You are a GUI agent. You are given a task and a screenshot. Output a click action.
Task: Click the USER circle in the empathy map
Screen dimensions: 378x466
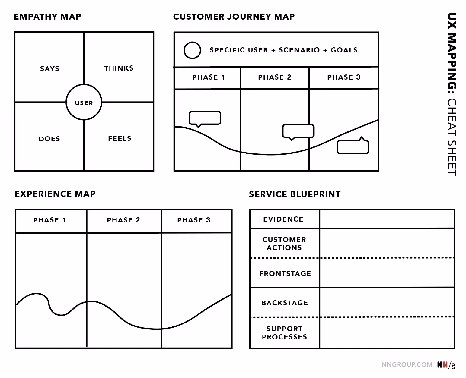(84, 102)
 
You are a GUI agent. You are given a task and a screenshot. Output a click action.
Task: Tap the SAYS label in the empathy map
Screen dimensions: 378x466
(50, 69)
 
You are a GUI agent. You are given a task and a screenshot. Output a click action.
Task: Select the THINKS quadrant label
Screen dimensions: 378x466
(119, 68)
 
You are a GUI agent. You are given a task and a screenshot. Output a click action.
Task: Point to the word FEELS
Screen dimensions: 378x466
(120, 138)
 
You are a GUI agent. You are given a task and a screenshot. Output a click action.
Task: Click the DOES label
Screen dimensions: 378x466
(49, 139)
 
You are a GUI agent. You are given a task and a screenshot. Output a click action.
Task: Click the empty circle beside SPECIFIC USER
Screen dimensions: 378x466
(192, 50)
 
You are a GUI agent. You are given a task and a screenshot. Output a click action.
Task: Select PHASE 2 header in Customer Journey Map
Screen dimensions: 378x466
(275, 77)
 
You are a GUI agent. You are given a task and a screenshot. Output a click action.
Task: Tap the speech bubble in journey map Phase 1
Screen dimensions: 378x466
(205, 118)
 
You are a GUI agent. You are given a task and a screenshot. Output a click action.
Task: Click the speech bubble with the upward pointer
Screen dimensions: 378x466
(353, 147)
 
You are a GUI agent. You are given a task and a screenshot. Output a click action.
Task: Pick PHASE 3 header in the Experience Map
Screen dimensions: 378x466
(194, 220)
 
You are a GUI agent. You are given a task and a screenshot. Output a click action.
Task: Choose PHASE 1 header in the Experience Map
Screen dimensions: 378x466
(50, 220)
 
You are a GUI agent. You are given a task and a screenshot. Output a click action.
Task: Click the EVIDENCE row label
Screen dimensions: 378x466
(283, 219)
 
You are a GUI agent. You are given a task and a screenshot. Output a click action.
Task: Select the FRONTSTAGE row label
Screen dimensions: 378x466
(285, 274)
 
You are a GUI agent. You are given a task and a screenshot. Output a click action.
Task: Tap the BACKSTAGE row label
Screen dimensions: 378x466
(285, 303)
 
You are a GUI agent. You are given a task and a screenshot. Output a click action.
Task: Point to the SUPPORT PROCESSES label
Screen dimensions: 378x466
(284, 333)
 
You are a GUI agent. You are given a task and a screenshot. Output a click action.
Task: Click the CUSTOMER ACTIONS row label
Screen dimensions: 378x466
(284, 244)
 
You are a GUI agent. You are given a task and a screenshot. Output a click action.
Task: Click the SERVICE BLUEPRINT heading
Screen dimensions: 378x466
(295, 194)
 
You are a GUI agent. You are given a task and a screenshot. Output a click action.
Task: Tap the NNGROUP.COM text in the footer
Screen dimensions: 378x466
(407, 364)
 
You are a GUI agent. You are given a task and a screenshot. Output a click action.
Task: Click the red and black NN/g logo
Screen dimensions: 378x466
(446, 365)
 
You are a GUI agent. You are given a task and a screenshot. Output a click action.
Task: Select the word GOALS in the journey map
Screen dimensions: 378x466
(344, 50)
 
